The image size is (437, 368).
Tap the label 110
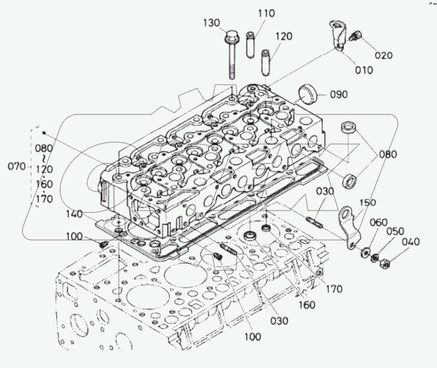click(266, 14)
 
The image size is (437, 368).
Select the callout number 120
click(284, 37)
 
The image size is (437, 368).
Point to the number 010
click(363, 70)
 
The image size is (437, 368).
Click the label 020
click(383, 55)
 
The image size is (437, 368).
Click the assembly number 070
click(17, 167)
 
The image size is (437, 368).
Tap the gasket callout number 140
click(74, 214)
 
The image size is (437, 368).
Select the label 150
click(367, 203)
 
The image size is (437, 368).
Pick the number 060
click(378, 223)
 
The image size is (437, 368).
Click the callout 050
click(395, 231)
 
